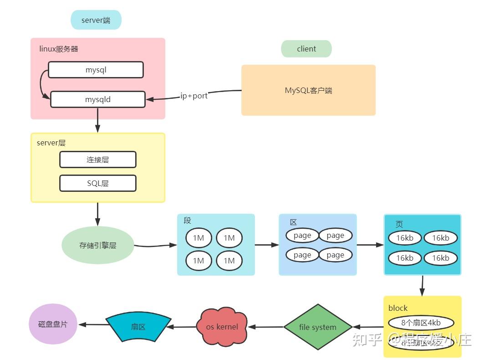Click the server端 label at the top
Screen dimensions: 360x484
pos(96,20)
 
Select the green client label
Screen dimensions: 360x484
pos(306,49)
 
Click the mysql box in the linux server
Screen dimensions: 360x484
pos(96,70)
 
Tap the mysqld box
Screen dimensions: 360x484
pos(97,99)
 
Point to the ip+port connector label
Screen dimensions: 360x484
pos(194,96)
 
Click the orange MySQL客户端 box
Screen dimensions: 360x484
pos(308,90)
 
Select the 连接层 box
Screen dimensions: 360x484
pos(97,159)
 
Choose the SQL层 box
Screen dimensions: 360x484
pos(97,183)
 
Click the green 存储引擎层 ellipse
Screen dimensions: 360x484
pos(97,245)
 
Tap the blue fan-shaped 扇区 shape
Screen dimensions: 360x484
pos(138,326)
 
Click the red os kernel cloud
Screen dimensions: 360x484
pos(222,327)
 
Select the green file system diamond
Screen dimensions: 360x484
pos(318,327)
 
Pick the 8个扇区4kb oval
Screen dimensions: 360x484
pos(421,323)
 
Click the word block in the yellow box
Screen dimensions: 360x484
pos(398,309)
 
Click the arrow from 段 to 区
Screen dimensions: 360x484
pos(266,245)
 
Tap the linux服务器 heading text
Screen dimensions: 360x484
pos(59,49)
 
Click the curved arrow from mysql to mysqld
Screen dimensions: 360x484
pos(41,84)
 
